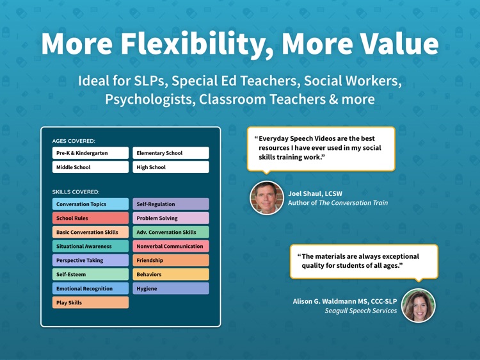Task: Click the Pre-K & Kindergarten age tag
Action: [90, 153]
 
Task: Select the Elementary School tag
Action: [170, 153]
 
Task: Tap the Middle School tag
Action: [90, 167]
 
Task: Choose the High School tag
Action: [170, 167]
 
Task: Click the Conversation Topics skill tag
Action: [90, 204]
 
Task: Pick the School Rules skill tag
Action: [90, 218]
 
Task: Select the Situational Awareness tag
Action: [90, 246]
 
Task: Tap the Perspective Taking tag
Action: [90, 261]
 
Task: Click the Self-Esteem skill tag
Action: [90, 274]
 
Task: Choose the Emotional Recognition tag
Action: [90, 289]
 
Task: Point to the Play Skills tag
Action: [90, 302]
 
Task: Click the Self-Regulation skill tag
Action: [170, 204]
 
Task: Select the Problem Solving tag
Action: [170, 218]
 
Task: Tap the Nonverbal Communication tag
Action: [170, 246]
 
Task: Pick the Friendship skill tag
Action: [170, 261]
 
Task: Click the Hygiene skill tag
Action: [170, 289]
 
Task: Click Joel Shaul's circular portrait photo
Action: [267, 198]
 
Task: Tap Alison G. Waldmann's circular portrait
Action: [419, 306]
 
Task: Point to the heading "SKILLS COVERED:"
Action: [76, 192]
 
